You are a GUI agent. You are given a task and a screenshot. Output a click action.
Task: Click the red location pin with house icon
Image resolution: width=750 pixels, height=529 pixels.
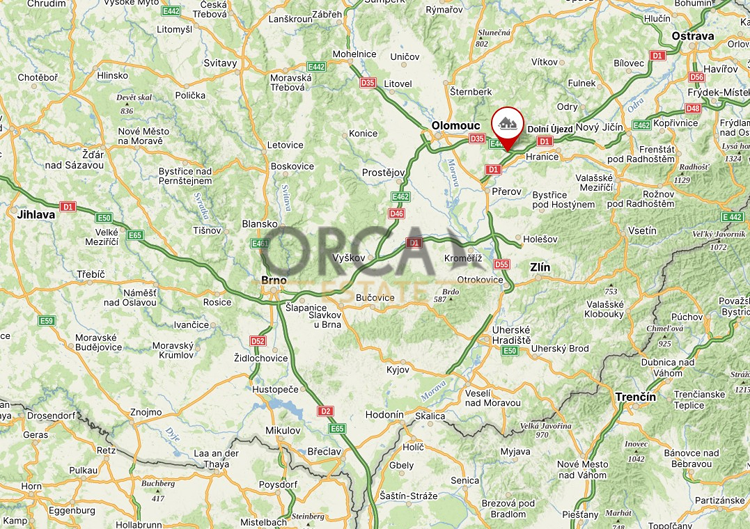pos(508,125)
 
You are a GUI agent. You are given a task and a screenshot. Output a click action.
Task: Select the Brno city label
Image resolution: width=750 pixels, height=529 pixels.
pos(274,280)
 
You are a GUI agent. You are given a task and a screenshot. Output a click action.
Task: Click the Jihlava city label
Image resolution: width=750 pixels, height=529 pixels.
pos(36,214)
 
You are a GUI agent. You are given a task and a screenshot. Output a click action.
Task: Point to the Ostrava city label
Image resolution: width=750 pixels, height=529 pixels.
pos(693,36)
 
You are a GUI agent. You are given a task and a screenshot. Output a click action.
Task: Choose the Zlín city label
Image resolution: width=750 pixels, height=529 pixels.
pos(540,267)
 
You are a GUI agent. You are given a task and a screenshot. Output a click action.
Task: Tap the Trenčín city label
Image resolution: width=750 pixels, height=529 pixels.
pos(635,397)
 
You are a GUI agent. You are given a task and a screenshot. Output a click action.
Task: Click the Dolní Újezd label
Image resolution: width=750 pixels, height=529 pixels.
pos(550,129)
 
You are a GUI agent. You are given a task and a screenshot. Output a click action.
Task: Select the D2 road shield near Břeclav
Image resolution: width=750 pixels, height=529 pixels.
pos(325,411)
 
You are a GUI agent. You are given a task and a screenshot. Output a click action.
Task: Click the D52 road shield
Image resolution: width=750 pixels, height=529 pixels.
pos(258,341)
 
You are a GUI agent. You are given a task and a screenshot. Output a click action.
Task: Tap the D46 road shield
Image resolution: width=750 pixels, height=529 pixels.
pos(396,214)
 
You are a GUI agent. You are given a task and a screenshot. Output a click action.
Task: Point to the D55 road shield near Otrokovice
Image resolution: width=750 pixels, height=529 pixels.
pos(501,264)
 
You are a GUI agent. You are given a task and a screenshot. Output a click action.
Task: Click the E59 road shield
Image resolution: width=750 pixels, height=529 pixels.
pos(47,320)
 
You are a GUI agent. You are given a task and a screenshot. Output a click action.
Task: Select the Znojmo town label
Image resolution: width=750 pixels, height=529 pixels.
pos(146,412)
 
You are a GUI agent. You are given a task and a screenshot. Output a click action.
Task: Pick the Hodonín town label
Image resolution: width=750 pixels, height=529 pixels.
pos(384,414)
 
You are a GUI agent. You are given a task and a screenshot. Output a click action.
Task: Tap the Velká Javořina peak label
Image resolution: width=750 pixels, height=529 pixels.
pos(546,426)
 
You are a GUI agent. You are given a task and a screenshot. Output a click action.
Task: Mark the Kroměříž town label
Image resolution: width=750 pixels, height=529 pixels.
pos(463,258)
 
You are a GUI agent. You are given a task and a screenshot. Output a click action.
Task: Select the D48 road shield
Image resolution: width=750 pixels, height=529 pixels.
pos(693,109)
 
